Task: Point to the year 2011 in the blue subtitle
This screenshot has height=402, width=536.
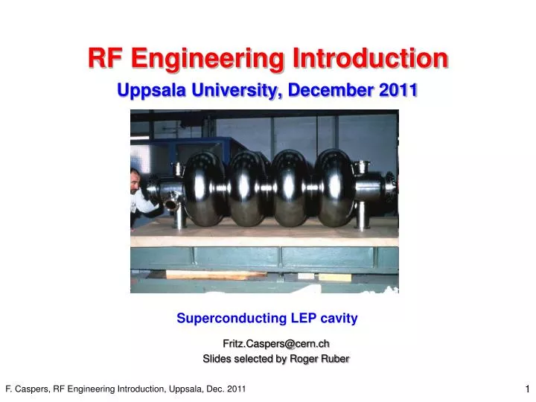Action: tap(399, 90)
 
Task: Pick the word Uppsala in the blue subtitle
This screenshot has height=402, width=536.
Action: tap(150, 90)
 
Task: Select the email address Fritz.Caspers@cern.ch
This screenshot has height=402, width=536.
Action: tap(276, 342)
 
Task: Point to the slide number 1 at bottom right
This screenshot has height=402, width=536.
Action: tap(526, 389)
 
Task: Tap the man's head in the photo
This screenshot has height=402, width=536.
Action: tap(134, 179)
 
